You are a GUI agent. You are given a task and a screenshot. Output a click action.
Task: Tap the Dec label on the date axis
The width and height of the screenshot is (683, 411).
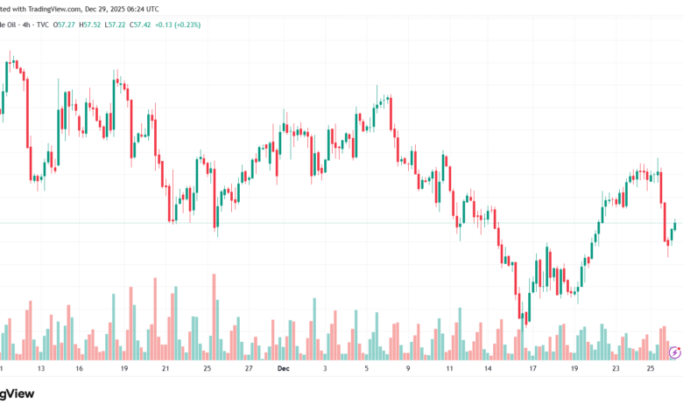coord(283,369)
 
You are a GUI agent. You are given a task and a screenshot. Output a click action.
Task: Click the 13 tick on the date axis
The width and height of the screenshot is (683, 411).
coord(40,369)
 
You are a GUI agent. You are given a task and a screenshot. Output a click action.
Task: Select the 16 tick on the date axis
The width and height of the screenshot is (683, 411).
coord(79,369)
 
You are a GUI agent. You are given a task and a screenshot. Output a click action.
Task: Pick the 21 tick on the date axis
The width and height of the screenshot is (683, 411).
coord(165,369)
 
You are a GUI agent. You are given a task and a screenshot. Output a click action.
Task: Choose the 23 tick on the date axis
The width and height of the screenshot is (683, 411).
coord(616,369)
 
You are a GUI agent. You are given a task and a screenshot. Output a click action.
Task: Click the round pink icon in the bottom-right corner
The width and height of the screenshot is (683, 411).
coord(674,352)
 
